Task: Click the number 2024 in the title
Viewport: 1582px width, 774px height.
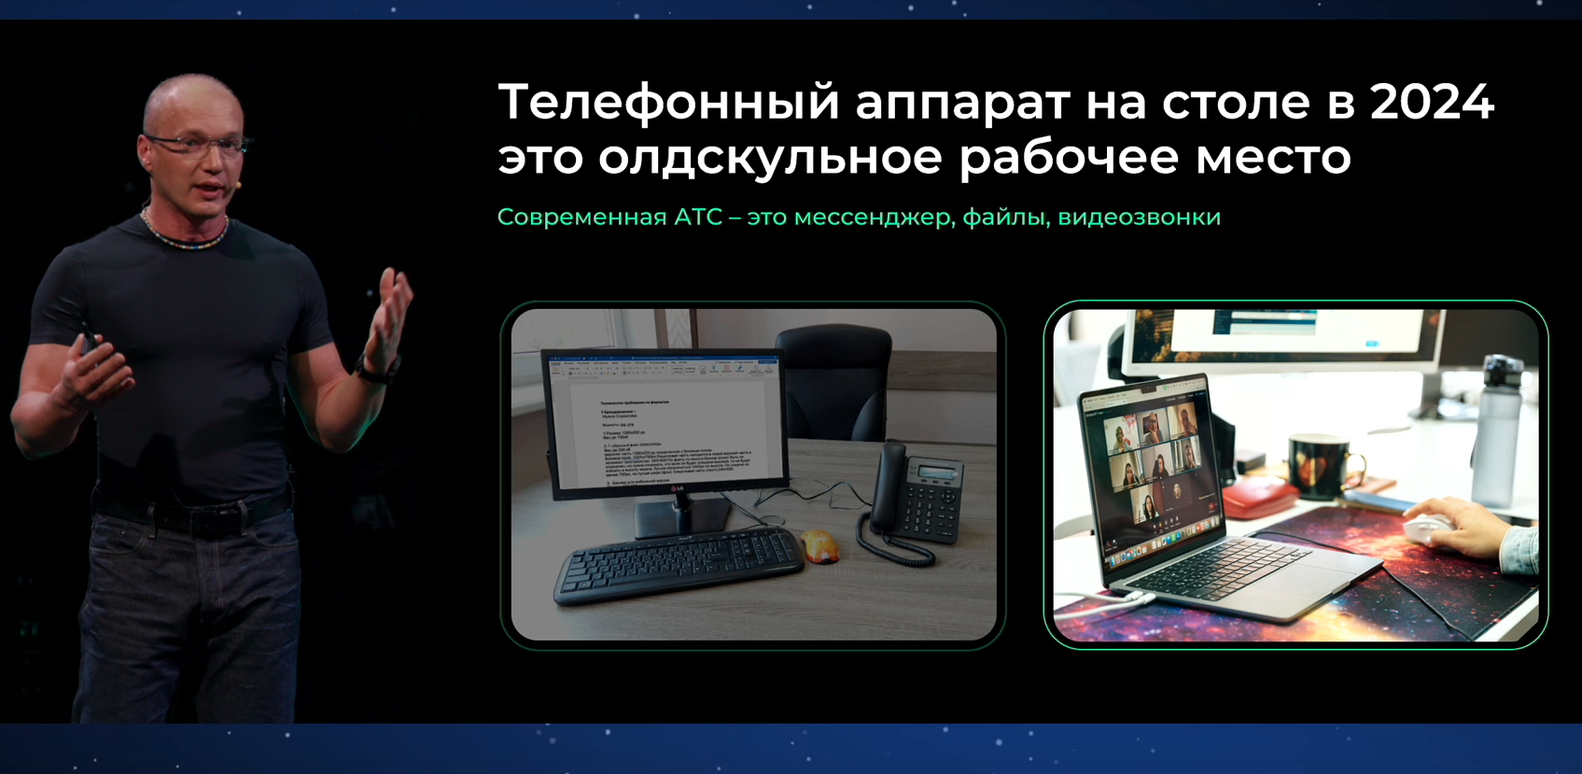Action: coord(1432,102)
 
